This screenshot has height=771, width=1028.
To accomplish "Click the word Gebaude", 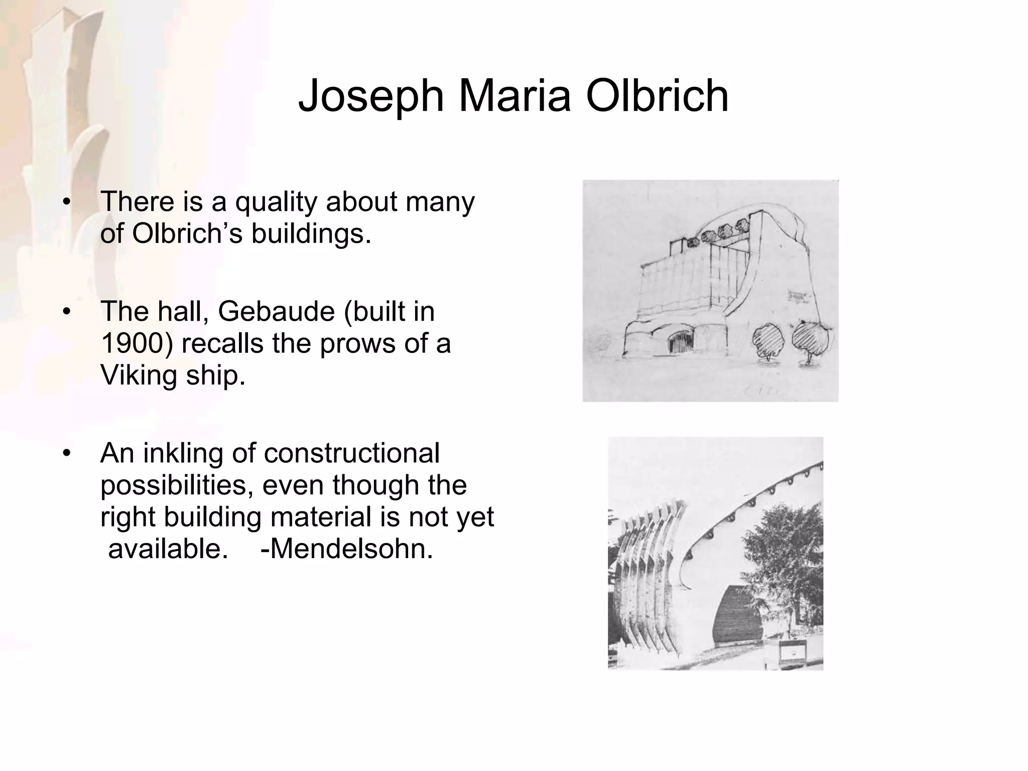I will click(x=276, y=311).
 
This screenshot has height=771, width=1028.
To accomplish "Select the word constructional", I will click(x=351, y=453).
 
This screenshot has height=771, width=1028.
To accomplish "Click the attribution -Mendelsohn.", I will click(x=347, y=548).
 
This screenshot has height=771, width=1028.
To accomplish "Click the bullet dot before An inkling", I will click(x=66, y=454).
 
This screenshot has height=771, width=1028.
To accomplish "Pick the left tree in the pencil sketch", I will click(x=768, y=339).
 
